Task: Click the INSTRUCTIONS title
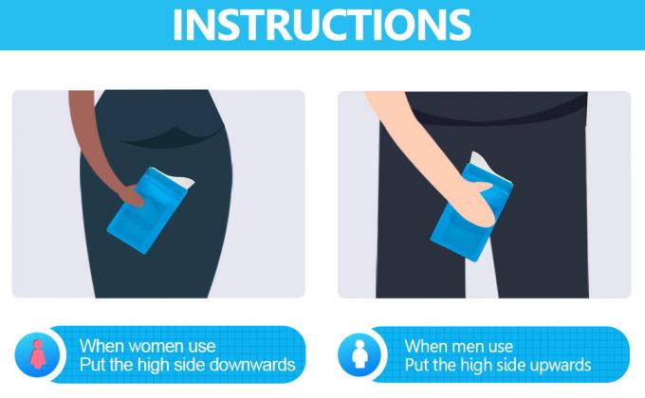322,25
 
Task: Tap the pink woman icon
37,354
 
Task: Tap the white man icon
359,354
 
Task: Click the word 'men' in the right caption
464,347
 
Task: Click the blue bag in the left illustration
149,209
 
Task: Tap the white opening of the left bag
180,181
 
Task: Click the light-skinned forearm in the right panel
415,136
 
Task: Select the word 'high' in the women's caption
153,365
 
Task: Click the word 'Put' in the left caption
90,365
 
